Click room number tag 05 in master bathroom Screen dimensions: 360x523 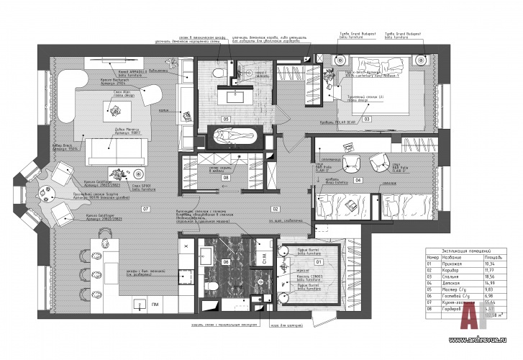click(225, 118)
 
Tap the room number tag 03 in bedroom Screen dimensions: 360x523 click(366, 117)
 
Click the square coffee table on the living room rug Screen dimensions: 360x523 click(114, 109)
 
